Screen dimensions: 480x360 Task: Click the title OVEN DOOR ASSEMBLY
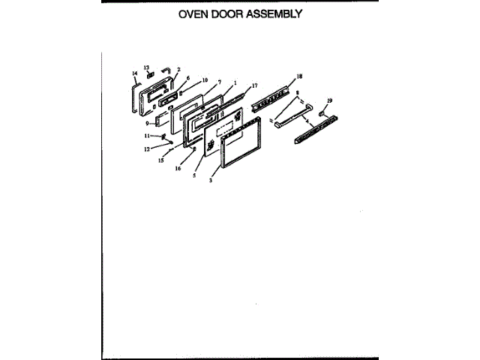240,14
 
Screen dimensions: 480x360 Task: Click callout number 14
134,73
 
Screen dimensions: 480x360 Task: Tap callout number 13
147,67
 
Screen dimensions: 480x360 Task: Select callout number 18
299,76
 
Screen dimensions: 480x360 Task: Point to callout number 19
329,100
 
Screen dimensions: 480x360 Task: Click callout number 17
254,86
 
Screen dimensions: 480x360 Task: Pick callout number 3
211,181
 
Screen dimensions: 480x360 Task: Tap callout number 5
193,175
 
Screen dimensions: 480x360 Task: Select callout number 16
178,169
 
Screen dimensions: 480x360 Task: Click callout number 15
160,160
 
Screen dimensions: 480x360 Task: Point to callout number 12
147,149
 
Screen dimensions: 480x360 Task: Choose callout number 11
148,136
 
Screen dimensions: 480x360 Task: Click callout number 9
148,122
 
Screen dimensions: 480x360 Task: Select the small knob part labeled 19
323,113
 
